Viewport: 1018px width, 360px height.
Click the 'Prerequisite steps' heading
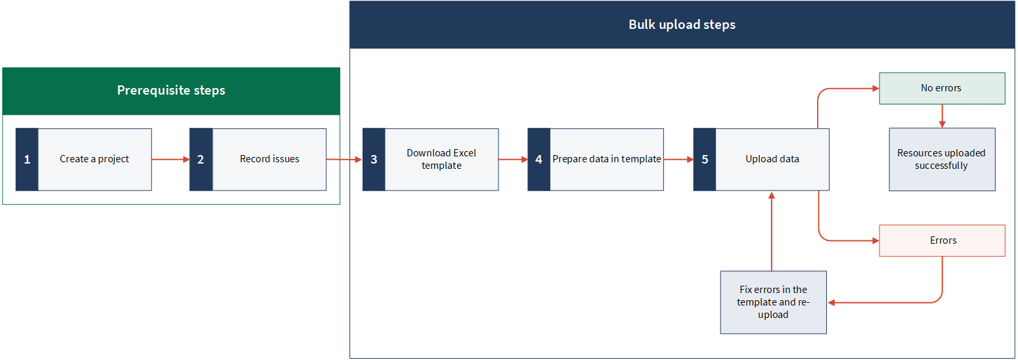click(171, 90)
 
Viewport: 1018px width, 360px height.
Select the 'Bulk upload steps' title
click(682, 24)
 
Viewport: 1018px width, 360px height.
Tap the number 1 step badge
click(27, 160)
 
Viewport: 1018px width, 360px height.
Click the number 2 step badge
click(201, 160)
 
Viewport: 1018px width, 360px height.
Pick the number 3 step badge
click(374, 160)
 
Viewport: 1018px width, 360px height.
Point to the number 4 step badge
click(539, 160)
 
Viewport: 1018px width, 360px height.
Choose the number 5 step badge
click(705, 160)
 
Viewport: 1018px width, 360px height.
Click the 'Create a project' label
click(94, 159)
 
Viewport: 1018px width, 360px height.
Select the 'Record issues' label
click(269, 159)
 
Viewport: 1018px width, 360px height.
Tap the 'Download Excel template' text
click(441, 159)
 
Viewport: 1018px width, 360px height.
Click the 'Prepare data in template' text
click(607, 159)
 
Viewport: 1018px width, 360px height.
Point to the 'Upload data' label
click(772, 159)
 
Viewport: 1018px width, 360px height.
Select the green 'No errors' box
click(942, 88)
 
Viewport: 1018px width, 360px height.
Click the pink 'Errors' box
click(942, 240)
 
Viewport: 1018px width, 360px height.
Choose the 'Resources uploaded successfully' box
click(942, 160)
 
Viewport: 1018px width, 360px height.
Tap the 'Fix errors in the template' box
click(774, 302)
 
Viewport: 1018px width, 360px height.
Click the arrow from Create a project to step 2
click(170, 160)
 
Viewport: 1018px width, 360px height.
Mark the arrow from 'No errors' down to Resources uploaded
click(942, 116)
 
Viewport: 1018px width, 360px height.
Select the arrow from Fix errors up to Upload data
click(772, 231)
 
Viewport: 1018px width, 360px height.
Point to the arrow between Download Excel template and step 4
click(513, 160)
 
